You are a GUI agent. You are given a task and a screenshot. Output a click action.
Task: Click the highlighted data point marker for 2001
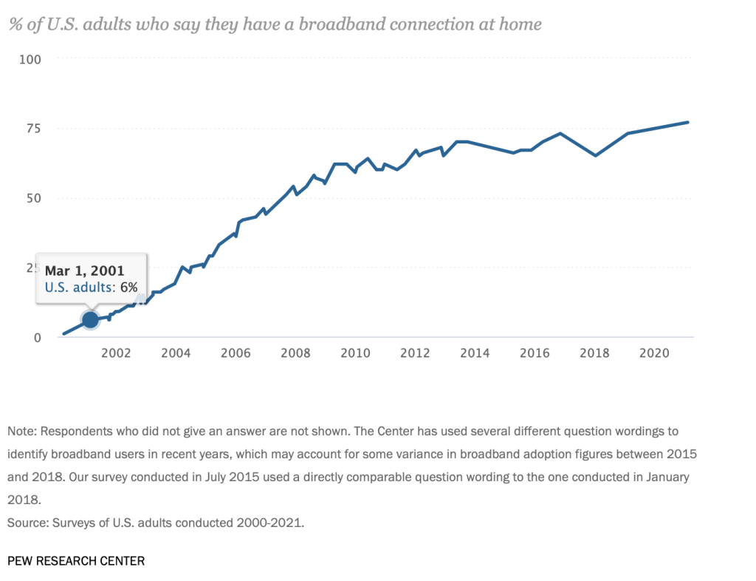[90, 319]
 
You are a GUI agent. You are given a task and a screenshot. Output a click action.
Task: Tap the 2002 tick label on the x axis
[116, 353]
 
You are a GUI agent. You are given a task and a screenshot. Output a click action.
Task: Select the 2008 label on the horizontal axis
[295, 353]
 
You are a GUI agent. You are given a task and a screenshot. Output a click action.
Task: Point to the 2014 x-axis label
[474, 353]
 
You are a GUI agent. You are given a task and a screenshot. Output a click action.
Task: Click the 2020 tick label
[653, 353]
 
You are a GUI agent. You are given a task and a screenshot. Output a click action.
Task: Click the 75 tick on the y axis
[33, 129]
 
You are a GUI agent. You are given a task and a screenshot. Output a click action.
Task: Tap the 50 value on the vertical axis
[33, 198]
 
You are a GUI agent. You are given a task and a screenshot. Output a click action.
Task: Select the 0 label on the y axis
[37, 338]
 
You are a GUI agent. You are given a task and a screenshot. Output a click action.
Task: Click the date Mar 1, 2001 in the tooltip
[85, 271]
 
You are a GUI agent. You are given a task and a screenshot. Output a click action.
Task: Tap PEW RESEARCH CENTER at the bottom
[76, 561]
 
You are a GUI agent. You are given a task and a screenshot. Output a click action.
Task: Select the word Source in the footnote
[26, 523]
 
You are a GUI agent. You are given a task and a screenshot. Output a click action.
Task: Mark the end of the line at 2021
[688, 122]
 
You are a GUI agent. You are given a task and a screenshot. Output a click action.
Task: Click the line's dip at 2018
[595, 155]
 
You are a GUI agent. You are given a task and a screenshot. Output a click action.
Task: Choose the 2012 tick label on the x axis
[414, 353]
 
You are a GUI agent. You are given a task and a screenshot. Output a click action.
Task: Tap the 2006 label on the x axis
[235, 353]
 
